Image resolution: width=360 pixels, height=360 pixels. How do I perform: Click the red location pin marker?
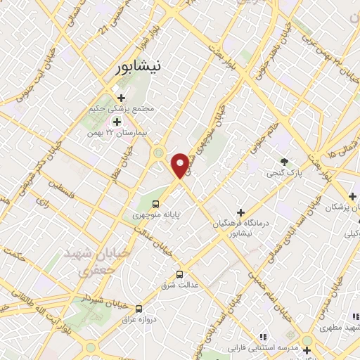point(181,165)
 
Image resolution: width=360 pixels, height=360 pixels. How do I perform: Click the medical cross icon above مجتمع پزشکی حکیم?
point(121,98)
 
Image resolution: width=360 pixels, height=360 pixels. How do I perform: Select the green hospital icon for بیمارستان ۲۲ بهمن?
point(116,122)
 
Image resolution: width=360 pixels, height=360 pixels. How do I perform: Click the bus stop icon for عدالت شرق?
point(179,274)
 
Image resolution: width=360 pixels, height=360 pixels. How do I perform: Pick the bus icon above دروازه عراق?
point(139,308)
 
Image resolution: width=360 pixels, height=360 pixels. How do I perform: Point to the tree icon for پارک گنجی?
point(284,161)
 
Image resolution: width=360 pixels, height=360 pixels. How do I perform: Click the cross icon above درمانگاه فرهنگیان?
point(240,212)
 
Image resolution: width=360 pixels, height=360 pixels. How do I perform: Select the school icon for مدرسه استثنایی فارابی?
point(264,337)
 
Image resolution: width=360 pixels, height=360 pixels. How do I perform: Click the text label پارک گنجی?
point(284,172)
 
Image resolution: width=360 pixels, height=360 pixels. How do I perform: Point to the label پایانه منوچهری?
point(155,216)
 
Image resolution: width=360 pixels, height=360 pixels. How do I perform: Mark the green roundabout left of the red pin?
point(159,152)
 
